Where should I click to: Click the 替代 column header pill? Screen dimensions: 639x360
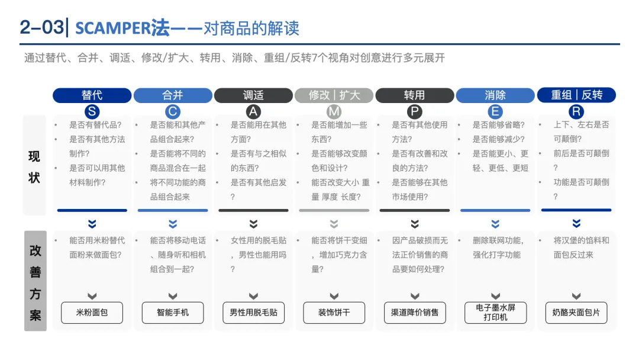pos(92,95)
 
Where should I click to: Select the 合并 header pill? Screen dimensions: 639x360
pos(173,95)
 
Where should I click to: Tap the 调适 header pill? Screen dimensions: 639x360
pos(253,95)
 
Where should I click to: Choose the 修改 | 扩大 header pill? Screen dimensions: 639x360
pos(334,95)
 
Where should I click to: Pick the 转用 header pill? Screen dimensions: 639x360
pos(414,95)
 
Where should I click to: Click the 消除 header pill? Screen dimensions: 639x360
pos(495,95)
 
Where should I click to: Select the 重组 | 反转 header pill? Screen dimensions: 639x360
pos(576,95)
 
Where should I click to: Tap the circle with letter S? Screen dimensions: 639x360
pos(92,112)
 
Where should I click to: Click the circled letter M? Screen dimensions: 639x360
pos(334,112)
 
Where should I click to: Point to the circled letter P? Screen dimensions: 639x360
pos(414,112)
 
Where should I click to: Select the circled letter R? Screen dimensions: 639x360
pos(576,112)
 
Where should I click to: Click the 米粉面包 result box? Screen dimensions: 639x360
pos(92,313)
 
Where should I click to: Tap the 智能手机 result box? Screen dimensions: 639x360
pos(173,313)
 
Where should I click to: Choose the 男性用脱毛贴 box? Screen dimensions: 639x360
pos(253,313)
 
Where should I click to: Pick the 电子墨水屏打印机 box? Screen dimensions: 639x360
pos(495,313)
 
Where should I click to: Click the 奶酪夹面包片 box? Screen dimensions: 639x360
pos(576,313)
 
